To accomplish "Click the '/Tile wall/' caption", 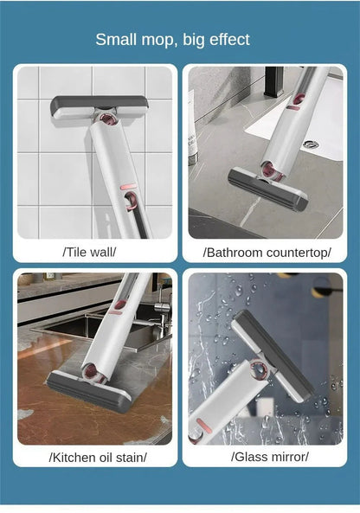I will tap(89, 252).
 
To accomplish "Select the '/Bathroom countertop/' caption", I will tap(267, 252).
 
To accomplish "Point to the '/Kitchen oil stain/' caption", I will tap(98, 457).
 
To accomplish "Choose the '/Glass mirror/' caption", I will tap(269, 457).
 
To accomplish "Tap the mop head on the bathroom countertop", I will tap(267, 188).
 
